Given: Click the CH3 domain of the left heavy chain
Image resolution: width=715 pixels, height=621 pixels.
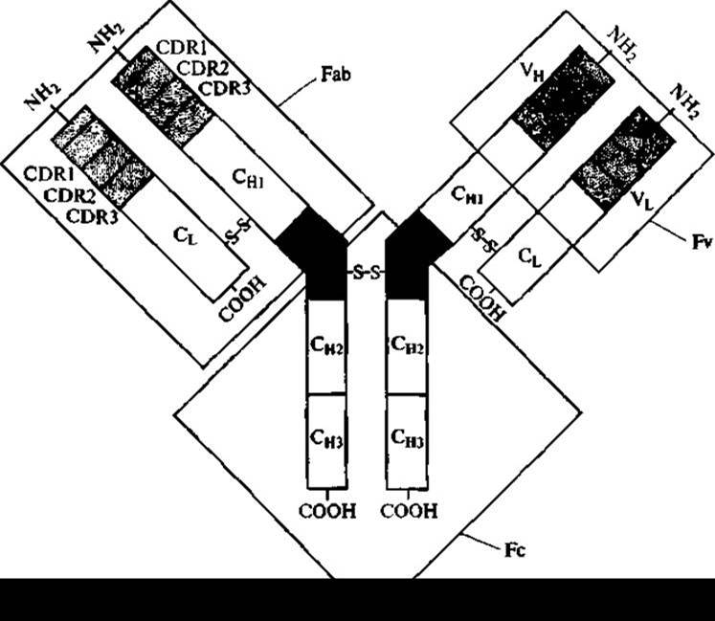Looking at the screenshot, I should tap(326, 436).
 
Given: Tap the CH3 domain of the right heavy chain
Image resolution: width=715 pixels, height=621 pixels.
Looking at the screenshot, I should tap(409, 436).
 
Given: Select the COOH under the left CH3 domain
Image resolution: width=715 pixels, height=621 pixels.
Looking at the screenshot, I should tap(326, 511).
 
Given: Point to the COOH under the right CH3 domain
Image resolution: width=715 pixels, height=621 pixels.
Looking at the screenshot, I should tap(410, 511).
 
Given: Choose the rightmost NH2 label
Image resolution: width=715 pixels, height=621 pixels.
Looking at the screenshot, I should tap(685, 97).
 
